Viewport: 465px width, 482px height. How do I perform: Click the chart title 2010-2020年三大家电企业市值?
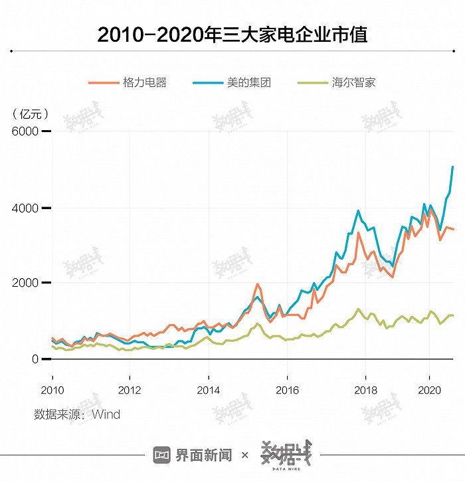click(232, 34)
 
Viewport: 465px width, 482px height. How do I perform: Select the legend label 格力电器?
click(144, 83)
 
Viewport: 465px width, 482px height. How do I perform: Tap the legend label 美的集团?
click(248, 83)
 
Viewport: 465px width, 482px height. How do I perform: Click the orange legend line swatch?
click(103, 83)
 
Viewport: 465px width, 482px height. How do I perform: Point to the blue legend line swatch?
click(207, 83)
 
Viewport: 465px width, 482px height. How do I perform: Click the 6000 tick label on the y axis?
click(25, 131)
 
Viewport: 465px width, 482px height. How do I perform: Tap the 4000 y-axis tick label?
click(25, 208)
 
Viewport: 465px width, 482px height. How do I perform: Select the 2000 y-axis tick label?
click(25, 283)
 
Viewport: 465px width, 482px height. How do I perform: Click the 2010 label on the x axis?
click(52, 389)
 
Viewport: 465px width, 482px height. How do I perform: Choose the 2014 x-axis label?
click(209, 389)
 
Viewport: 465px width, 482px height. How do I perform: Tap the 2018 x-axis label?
click(365, 389)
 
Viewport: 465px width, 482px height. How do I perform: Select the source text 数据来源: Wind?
click(77, 415)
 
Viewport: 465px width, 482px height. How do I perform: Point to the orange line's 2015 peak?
click(257, 284)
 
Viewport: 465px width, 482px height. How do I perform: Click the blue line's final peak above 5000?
click(452, 167)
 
